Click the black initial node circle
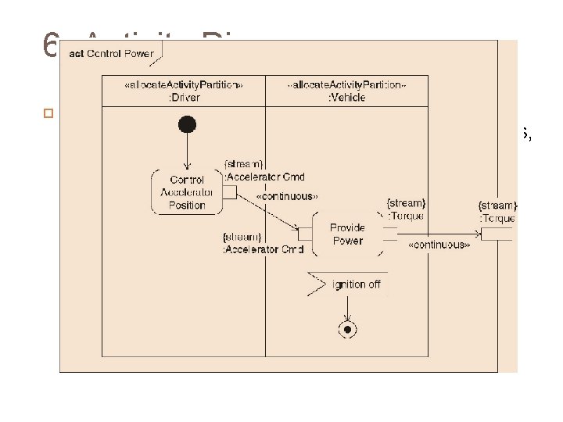(187, 124)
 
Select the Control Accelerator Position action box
(188, 192)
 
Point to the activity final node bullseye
(346, 330)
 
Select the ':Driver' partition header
(184, 92)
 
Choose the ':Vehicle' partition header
(347, 92)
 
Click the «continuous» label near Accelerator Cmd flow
(287, 197)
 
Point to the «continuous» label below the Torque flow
(439, 245)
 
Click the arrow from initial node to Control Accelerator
(187, 150)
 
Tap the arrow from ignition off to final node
(346, 308)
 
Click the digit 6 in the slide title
(51, 47)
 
